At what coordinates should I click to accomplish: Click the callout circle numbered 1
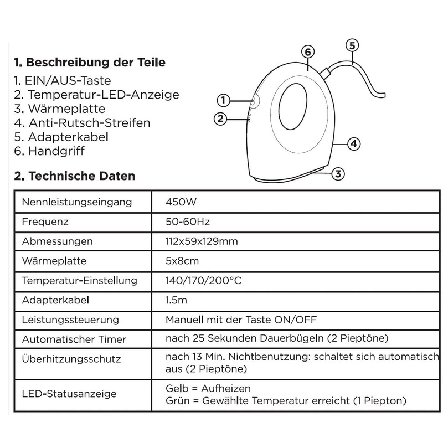[223, 100]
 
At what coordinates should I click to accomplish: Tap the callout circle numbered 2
[220, 118]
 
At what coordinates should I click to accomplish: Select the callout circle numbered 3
[338, 174]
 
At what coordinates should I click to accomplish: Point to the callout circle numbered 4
[353, 145]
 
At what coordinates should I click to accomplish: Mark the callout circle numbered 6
[308, 52]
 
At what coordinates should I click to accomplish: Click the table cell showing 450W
[178, 202]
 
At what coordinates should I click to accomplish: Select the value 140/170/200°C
[203, 280]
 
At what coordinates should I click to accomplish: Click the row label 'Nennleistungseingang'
[77, 202]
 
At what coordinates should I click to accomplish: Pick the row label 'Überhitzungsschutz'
[71, 359]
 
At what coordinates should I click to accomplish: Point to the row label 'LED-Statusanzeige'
[69, 394]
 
